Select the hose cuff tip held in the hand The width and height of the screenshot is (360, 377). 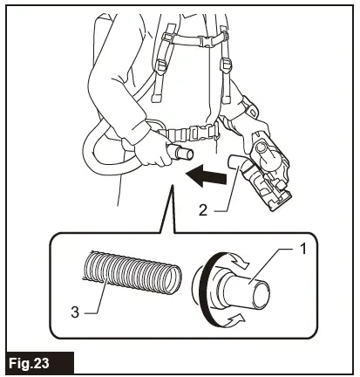[x=182, y=155]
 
